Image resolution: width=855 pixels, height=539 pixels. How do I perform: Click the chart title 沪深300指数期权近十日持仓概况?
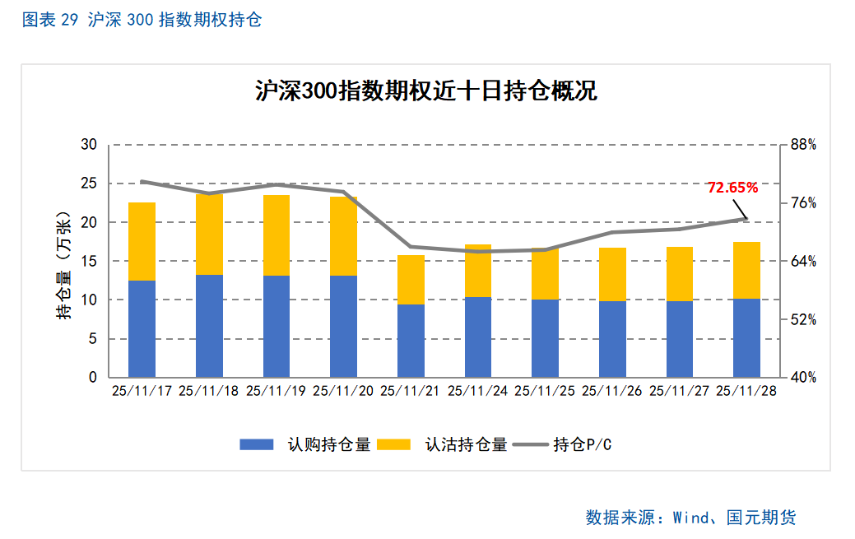coord(425,91)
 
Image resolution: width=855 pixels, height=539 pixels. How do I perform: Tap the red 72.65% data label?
coord(732,188)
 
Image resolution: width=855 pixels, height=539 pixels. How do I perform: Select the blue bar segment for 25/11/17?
coord(142,328)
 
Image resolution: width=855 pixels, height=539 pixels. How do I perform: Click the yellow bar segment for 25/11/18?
coord(209,235)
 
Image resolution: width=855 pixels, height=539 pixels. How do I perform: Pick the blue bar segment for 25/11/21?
coord(411,341)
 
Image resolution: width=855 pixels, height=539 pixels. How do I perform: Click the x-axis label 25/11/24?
coord(478,392)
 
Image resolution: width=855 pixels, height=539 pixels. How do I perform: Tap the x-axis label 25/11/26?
coord(612,392)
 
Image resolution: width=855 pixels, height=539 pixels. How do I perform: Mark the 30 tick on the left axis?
coord(89,145)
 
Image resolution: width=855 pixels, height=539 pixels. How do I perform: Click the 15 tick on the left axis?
coord(89,262)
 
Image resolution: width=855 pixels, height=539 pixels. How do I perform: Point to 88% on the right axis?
coord(803,145)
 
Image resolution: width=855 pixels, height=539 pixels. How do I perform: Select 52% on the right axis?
coord(803,319)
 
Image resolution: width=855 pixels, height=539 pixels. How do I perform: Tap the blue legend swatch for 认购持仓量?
coord(256,444)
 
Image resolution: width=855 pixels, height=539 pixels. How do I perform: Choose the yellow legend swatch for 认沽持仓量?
coord(393,444)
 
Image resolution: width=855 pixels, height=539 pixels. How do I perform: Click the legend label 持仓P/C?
coord(583,445)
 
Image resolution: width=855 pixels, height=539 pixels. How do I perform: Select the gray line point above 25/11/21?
coord(411,247)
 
